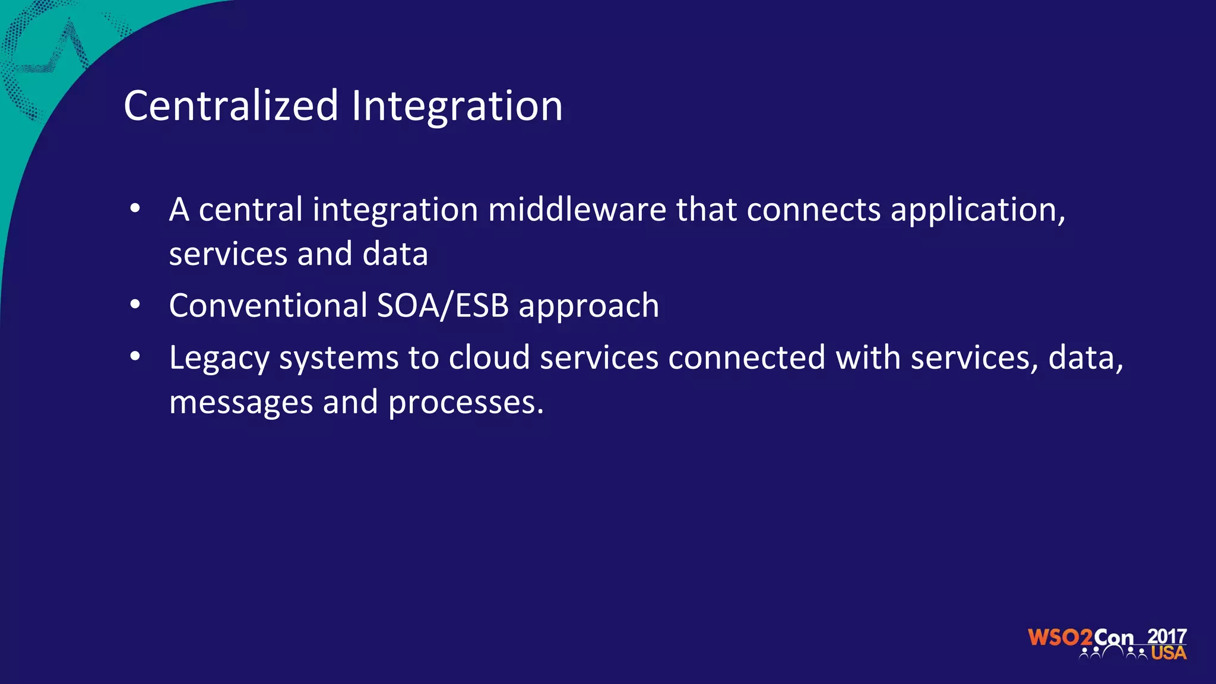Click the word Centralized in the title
click(231, 106)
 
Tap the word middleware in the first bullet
click(577, 210)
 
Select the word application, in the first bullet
click(978, 211)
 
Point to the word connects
click(813, 211)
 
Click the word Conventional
click(268, 305)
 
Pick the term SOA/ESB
click(443, 305)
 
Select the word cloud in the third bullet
click(489, 357)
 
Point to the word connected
click(747, 357)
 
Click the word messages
click(241, 403)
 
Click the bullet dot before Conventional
click(135, 305)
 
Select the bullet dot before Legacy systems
click(135, 357)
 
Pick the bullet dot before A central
click(135, 209)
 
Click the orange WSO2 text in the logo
click(1060, 638)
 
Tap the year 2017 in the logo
click(1167, 636)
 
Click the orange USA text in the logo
click(1168, 653)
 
